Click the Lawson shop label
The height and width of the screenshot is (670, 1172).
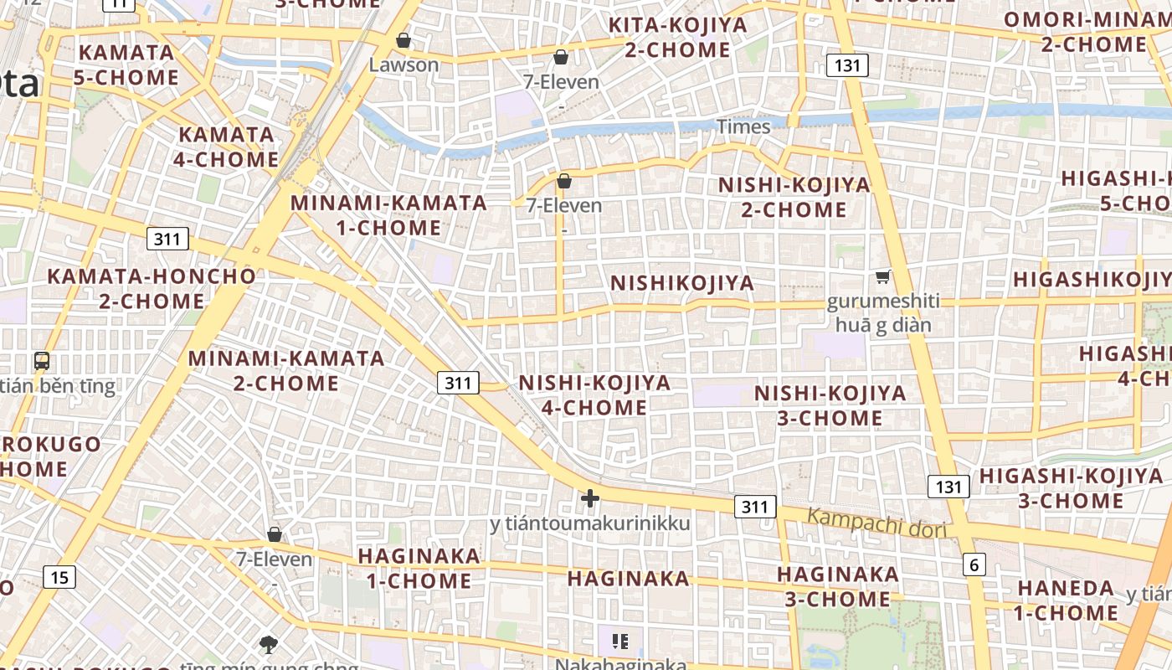404,64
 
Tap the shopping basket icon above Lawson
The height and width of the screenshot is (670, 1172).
404,40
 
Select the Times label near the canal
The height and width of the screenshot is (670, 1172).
743,126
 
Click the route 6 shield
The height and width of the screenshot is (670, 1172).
974,565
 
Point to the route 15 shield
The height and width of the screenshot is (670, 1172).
59,577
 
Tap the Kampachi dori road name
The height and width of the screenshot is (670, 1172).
876,523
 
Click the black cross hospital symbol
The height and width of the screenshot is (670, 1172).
590,499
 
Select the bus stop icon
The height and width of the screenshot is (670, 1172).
42,362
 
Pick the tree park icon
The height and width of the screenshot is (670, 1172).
269,644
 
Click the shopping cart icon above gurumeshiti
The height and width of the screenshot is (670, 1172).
882,277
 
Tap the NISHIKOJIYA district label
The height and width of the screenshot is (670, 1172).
682,283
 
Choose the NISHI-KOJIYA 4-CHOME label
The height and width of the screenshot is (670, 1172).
594,395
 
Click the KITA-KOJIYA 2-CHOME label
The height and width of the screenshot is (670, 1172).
677,37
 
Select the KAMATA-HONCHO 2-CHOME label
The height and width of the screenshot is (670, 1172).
152,288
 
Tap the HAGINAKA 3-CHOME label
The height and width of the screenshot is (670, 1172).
837,586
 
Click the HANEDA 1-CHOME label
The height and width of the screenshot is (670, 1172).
1067,600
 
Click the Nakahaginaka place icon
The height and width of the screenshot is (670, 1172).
620,642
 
